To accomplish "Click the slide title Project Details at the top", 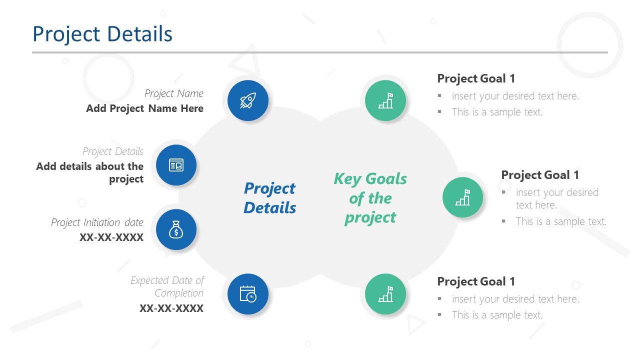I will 102,34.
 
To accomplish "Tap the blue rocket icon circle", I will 248,100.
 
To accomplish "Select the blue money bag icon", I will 176,229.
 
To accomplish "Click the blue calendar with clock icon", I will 248,294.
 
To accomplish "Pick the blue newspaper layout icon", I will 176,165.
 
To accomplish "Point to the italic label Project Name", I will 174,93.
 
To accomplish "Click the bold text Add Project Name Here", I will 144,108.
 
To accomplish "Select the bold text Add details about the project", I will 90,172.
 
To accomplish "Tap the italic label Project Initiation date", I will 97,222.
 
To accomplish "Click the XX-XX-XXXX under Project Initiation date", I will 111,237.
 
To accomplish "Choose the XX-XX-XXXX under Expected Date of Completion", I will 171,308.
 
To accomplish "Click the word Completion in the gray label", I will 179,293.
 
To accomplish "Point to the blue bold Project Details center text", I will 269,198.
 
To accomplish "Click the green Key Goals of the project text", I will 370,198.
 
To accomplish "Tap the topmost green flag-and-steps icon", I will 385,100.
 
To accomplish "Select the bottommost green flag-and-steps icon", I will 385,294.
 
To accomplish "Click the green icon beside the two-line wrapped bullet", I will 463,197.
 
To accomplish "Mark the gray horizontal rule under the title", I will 320,52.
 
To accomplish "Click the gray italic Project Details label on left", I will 113,151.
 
